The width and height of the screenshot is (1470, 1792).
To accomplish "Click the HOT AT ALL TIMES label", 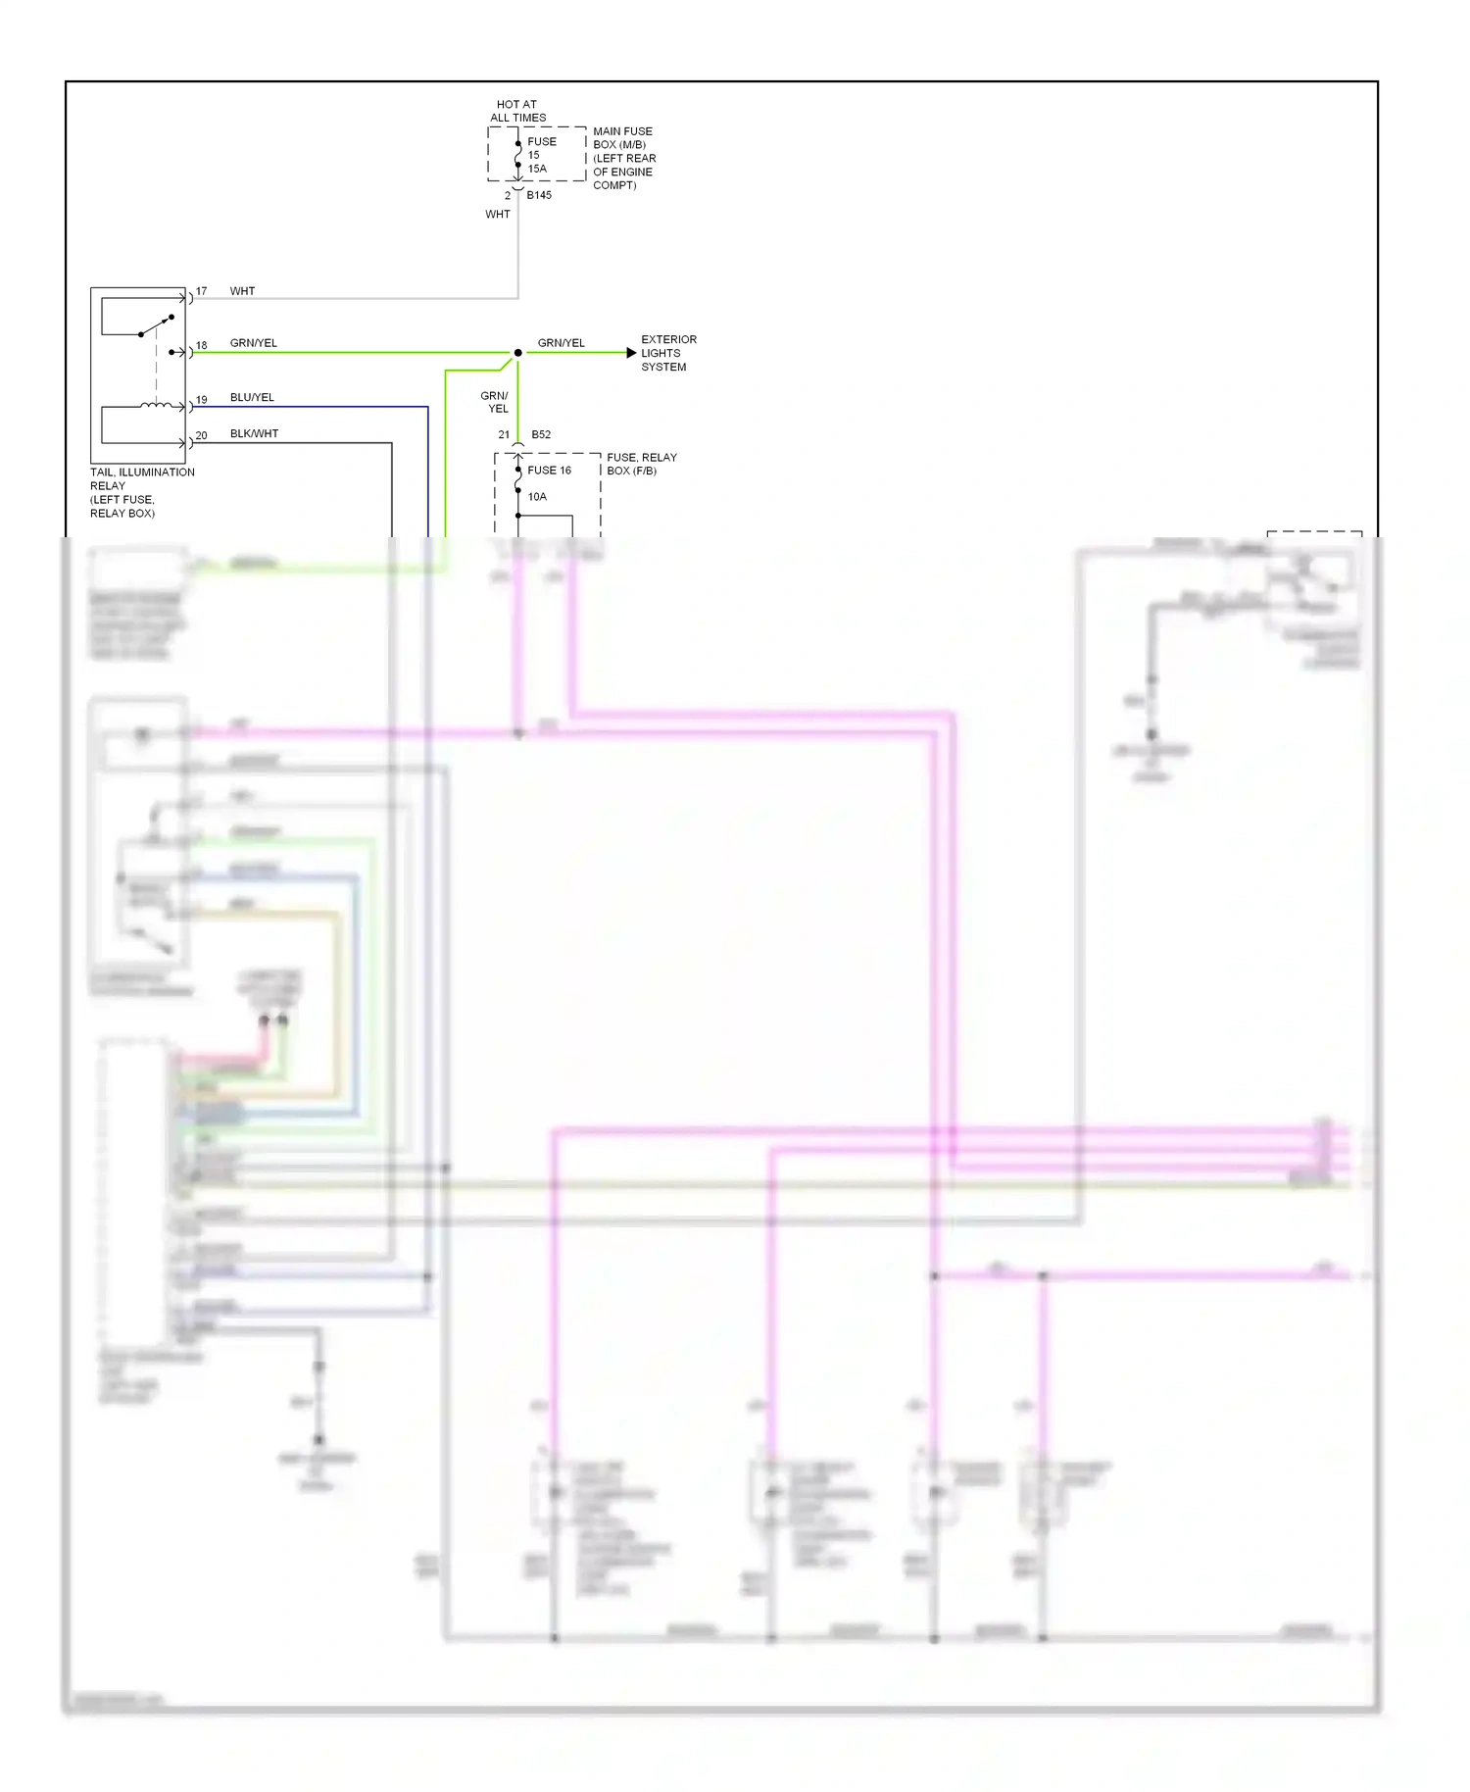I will coord(517,111).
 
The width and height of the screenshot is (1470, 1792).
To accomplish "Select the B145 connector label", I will coord(539,195).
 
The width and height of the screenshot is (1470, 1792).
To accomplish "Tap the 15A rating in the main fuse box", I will coord(537,169).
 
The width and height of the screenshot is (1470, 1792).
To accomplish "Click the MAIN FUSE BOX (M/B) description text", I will coord(623,158).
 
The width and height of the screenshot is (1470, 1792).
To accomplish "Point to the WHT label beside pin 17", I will coord(242,291).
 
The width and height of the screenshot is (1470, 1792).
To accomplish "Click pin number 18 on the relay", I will coord(202,345).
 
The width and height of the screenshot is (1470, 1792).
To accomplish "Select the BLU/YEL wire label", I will coord(252,397).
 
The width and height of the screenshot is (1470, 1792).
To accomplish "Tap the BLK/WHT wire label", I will coord(254,433).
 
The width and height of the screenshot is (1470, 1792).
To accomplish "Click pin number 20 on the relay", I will coord(201,435).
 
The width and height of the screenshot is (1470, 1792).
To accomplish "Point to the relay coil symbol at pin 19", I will coord(157,405).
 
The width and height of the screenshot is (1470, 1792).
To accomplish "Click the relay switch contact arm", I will coord(157,325).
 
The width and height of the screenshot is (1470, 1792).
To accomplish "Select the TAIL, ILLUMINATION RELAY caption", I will coord(142,492).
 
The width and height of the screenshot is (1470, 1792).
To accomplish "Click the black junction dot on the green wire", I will coord(517,353).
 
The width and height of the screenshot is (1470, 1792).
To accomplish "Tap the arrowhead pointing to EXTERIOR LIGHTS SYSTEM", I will coord(631,353).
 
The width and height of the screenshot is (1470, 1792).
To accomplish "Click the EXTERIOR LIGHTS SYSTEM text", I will coord(668,353).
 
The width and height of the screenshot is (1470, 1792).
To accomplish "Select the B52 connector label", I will coord(541,434).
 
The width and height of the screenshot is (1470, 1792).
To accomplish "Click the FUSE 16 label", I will coord(549,471).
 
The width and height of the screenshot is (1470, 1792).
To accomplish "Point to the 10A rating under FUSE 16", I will coord(537,497).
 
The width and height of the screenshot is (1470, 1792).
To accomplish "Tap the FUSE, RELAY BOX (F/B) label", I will coord(641,464).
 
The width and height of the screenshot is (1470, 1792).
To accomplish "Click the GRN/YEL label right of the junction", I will coord(561,343).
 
